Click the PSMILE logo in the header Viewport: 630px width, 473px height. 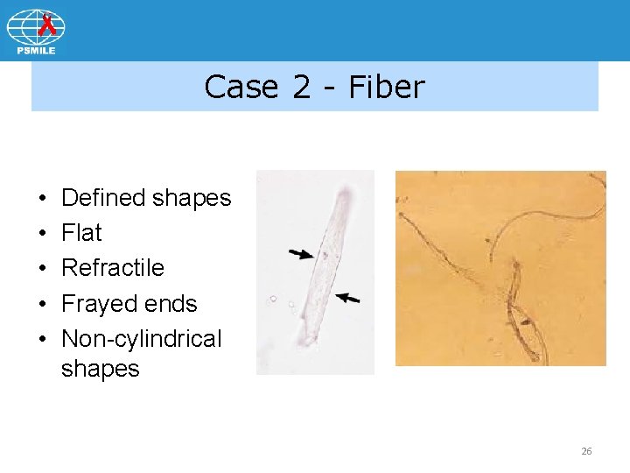coord(36,32)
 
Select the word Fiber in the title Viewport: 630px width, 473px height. coord(386,87)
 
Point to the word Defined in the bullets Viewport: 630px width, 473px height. coord(103,198)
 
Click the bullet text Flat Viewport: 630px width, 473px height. coord(81,233)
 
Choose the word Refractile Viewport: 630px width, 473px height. coord(113,267)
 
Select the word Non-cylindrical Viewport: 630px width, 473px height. coord(142,338)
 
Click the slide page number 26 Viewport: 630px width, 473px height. coord(586,451)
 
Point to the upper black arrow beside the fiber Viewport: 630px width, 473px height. coord(302,254)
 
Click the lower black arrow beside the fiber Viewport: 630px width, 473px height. coord(347,299)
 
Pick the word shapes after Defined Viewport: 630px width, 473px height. coord(192,198)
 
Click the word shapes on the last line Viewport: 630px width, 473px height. coord(100,369)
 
